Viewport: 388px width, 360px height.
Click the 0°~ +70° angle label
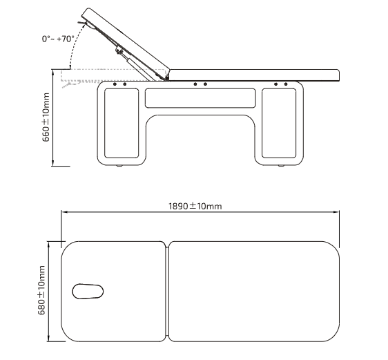[58, 39]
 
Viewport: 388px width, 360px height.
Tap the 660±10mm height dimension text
[46, 117]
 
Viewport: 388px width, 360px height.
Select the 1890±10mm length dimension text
[195, 206]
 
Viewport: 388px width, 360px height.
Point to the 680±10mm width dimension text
[41, 290]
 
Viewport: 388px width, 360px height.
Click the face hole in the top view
[88, 291]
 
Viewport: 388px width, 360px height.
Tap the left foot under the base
[119, 165]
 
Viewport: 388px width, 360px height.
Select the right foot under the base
[281, 165]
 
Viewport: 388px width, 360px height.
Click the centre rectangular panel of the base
[200, 98]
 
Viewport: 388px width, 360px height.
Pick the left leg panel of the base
[122, 123]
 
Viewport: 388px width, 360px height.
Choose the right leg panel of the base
[279, 123]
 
